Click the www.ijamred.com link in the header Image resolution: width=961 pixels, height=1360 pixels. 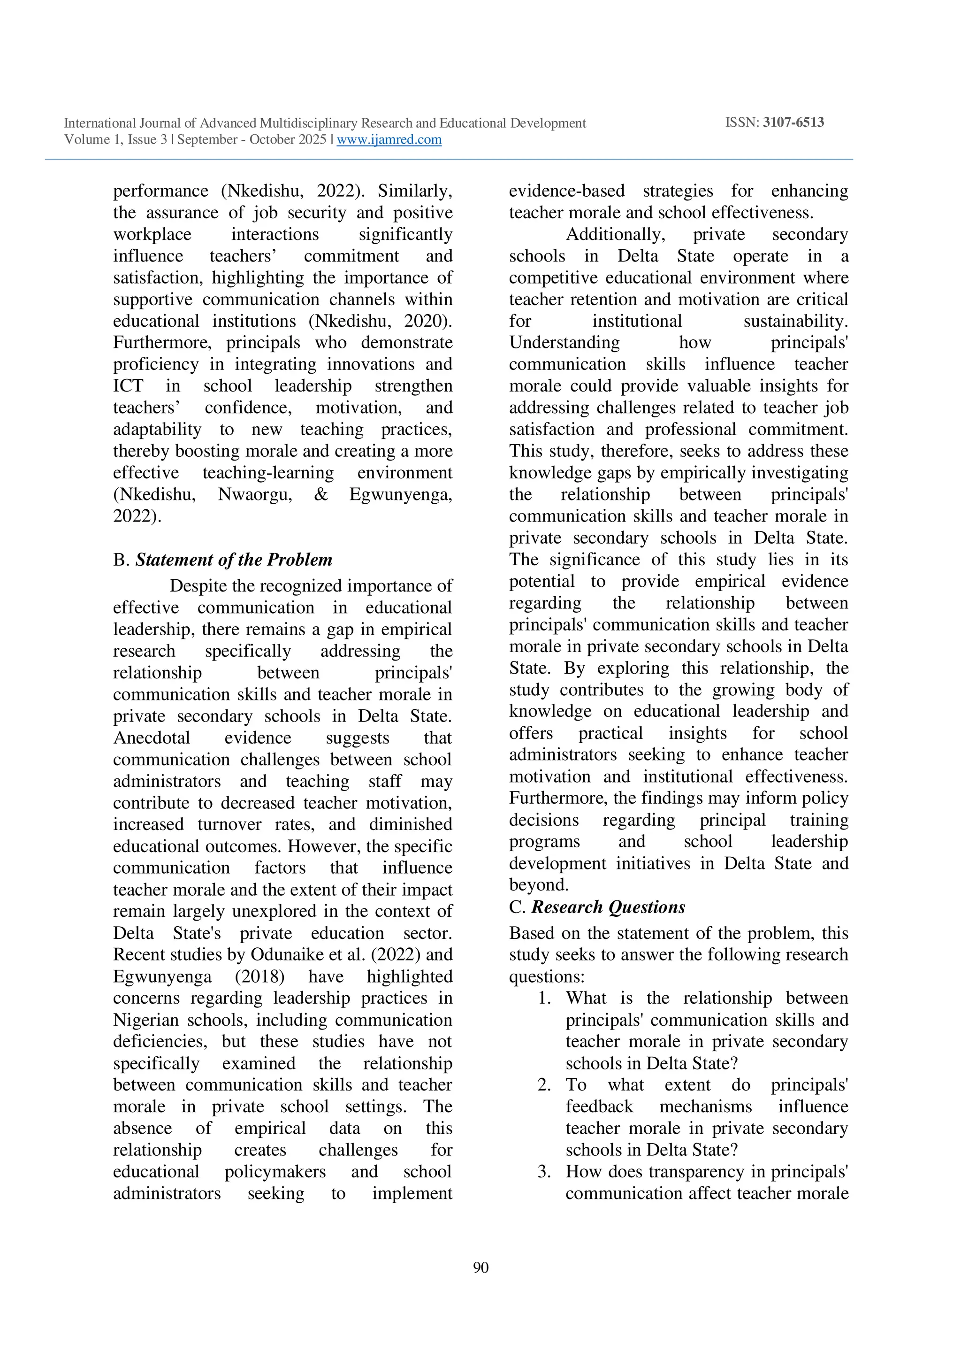point(389,140)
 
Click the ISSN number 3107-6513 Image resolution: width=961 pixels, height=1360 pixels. point(793,123)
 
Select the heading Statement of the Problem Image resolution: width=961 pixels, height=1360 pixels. point(233,560)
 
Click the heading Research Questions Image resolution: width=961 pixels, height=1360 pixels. point(608,907)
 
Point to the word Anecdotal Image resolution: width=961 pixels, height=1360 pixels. point(152,738)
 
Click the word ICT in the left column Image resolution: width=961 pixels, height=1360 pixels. point(128,385)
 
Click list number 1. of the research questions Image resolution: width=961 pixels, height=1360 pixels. point(545,998)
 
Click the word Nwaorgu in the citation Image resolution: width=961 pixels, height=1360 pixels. point(255,494)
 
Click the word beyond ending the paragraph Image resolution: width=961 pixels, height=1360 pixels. point(538,885)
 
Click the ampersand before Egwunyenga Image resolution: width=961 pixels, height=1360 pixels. point(320,494)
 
